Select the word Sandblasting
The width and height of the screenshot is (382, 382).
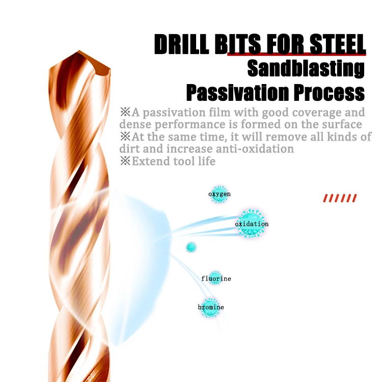pos(306,69)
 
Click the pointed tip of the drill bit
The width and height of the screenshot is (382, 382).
pos(79,52)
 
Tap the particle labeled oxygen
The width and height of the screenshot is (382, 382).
pos(219,194)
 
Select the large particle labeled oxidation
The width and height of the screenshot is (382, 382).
pos(251,224)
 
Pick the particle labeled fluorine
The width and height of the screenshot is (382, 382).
pos(215,278)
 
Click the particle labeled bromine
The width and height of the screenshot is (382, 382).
pos(210,307)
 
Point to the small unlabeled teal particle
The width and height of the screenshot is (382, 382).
pos(191,247)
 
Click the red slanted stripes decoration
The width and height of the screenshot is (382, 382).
pos(340,198)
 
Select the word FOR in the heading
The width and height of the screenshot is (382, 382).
pos(279,45)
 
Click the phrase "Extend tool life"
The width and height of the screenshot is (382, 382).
pos(173,161)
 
